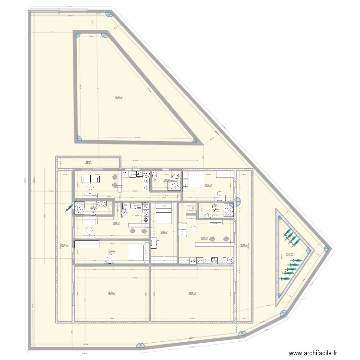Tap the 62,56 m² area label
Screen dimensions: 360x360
click(x=118, y=97)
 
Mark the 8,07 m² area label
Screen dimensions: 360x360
click(x=88, y=162)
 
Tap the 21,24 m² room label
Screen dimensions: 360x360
click(x=204, y=238)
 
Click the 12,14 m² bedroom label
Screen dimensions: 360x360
click(x=208, y=185)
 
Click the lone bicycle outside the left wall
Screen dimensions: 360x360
click(x=69, y=207)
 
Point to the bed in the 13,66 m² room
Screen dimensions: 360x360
click(x=137, y=252)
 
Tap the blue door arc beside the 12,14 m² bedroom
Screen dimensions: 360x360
click(x=236, y=200)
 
